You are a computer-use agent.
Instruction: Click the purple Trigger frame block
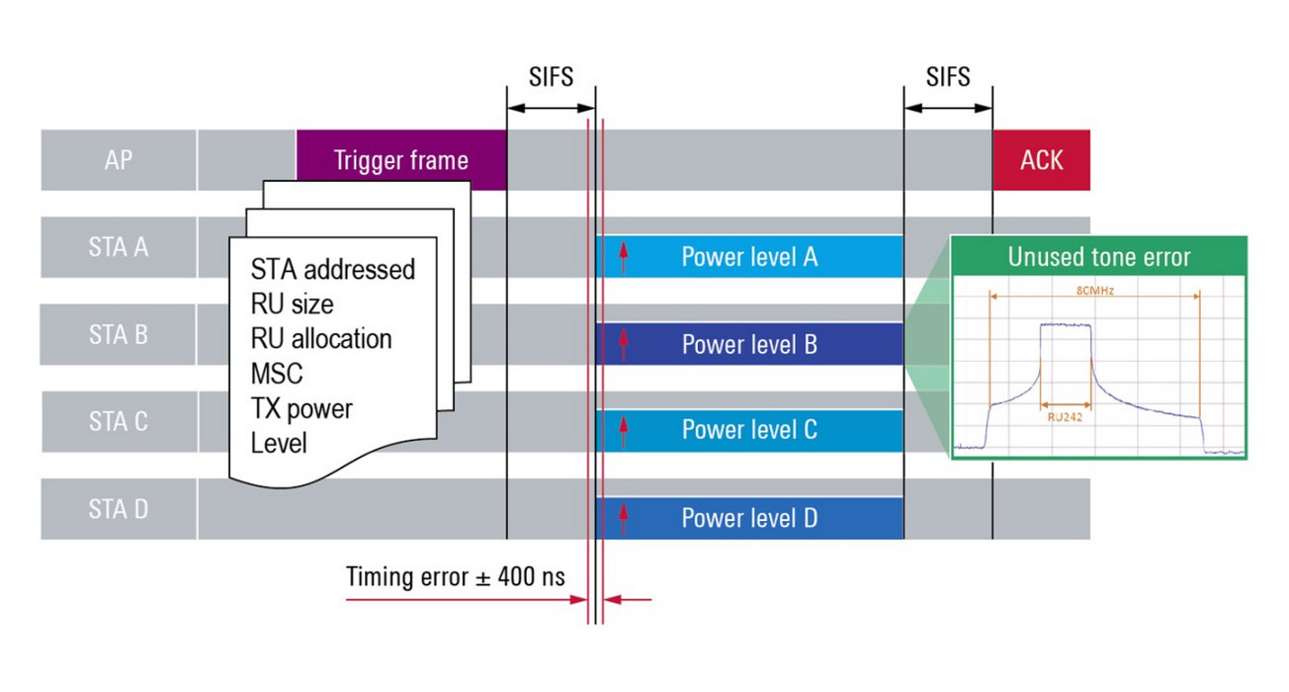pyautogui.click(x=400, y=160)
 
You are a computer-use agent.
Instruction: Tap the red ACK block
pyautogui.click(x=1041, y=160)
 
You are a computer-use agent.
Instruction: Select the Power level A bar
pyautogui.click(x=749, y=257)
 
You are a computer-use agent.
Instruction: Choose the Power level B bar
pyautogui.click(x=749, y=345)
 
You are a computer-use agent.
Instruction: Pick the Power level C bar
pyautogui.click(x=749, y=431)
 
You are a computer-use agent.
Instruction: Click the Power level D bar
pyautogui.click(x=749, y=518)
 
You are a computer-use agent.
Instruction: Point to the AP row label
pyautogui.click(x=118, y=160)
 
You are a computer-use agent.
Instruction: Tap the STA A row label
pyautogui.click(x=118, y=247)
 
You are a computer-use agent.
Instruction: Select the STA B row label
pyautogui.click(x=118, y=334)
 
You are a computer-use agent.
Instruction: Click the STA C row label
pyautogui.click(x=118, y=421)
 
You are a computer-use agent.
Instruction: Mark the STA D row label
pyautogui.click(x=118, y=509)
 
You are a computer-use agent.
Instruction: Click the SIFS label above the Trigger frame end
pyautogui.click(x=551, y=77)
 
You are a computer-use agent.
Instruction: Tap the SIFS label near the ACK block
pyautogui.click(x=948, y=77)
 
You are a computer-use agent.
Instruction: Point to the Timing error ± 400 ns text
pyautogui.click(x=455, y=576)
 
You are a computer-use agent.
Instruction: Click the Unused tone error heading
pyautogui.click(x=1098, y=258)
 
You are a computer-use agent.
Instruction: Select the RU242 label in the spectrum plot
pyautogui.click(x=1066, y=417)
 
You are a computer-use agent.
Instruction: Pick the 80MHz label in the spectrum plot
pyautogui.click(x=1094, y=291)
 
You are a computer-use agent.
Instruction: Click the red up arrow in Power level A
pyautogui.click(x=623, y=257)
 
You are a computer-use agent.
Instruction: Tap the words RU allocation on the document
pyautogui.click(x=320, y=338)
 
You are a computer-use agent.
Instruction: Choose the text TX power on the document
pyautogui.click(x=301, y=407)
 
